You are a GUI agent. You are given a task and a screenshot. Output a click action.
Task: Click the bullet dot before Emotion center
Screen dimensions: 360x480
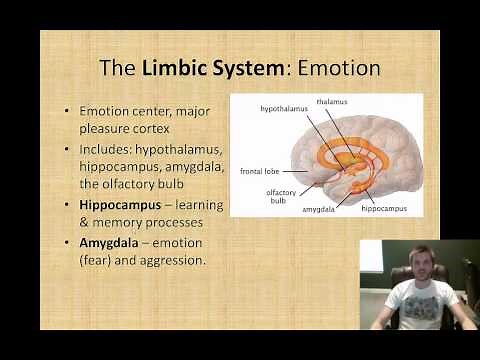pyautogui.click(x=66, y=111)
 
